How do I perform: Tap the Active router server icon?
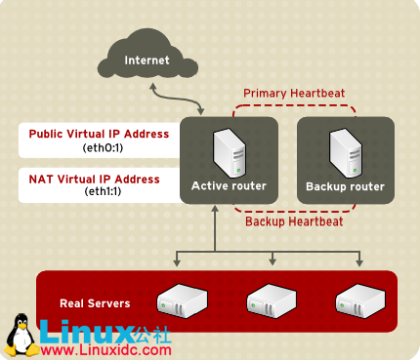[x=229, y=152]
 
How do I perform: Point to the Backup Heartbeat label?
[x=294, y=220]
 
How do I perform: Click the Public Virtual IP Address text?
[x=99, y=134]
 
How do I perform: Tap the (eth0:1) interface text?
[x=100, y=147]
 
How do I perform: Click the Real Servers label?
[x=95, y=303]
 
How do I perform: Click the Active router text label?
[x=229, y=185]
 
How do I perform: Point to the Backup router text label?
[x=345, y=185]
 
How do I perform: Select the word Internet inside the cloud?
[x=147, y=60]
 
